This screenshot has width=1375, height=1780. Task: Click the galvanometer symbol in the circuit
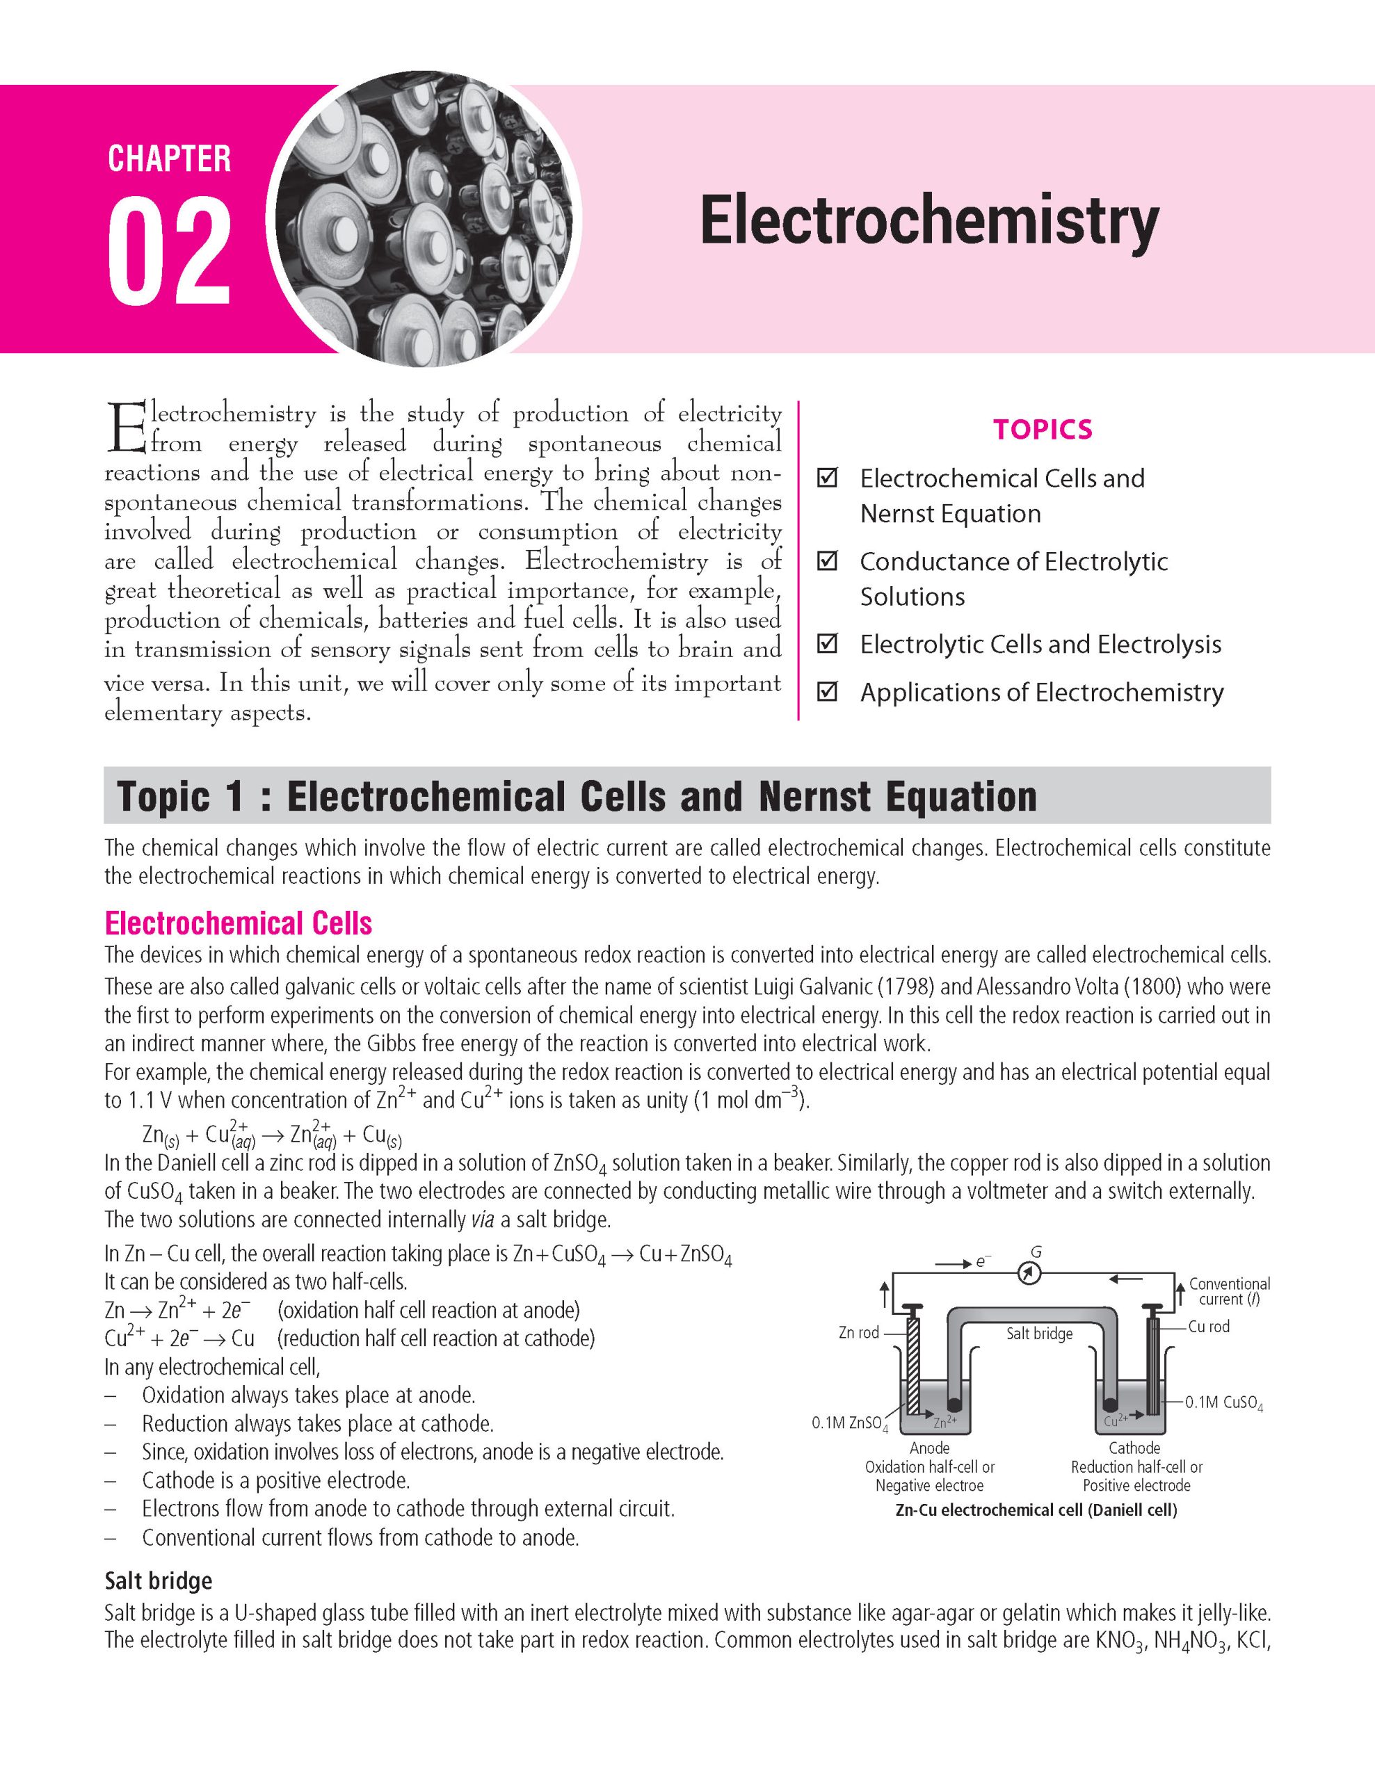1030,1273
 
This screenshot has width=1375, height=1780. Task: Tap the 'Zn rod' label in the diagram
858,1332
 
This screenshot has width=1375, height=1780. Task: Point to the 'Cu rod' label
1209,1327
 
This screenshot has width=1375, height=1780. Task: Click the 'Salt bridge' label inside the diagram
1039,1334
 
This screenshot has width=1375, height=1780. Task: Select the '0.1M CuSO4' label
1223,1402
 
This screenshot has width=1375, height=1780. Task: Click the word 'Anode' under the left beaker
929,1448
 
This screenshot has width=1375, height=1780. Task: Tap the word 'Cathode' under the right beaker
1134,1448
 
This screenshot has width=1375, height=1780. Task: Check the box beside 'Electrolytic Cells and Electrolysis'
827,644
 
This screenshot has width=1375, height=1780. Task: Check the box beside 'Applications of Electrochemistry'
827,692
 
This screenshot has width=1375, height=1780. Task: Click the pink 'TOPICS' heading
1043,430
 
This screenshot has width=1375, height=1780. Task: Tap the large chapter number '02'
170,252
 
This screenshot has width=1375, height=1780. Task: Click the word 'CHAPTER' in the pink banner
170,159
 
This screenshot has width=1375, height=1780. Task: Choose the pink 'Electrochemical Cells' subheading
238,923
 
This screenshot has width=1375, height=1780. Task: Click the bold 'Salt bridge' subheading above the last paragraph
158,1581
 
